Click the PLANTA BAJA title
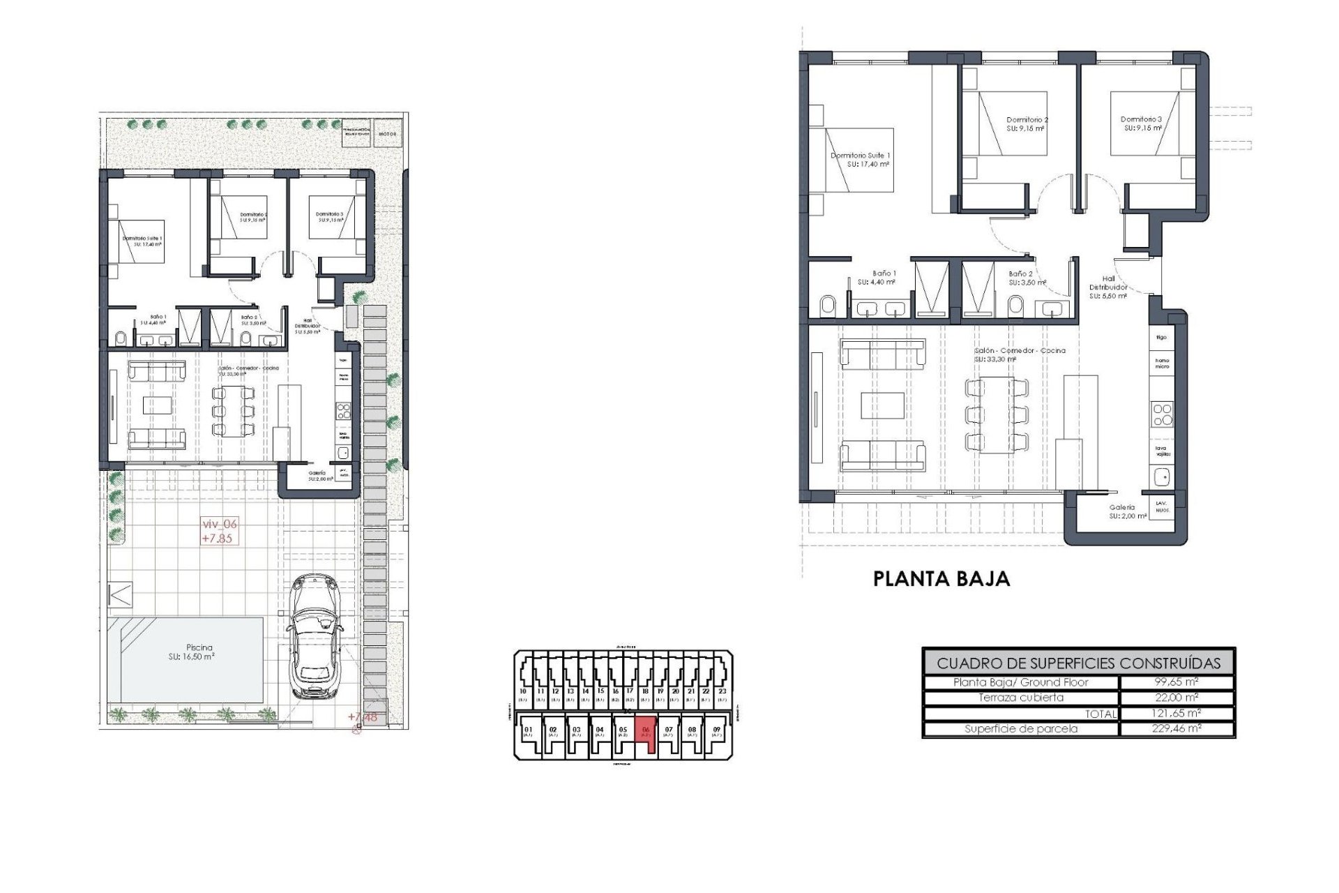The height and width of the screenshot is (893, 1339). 941,578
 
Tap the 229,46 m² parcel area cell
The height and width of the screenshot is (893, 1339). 1177,728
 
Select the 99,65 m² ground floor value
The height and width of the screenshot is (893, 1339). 1177,682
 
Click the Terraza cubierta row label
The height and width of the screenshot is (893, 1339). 1020,698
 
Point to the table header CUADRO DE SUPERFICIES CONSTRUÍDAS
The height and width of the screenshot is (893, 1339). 1078,663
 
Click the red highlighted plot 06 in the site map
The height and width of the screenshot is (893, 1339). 646,733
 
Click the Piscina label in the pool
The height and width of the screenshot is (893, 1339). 199,647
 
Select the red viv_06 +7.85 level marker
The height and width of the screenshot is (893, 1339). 219,531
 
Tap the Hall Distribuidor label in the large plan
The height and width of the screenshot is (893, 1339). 1108,287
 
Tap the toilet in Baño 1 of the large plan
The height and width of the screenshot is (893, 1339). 827,306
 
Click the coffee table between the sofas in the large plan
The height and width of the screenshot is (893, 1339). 882,405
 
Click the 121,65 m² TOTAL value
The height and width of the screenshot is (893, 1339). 1177,713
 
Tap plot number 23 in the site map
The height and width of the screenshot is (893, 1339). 722,692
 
